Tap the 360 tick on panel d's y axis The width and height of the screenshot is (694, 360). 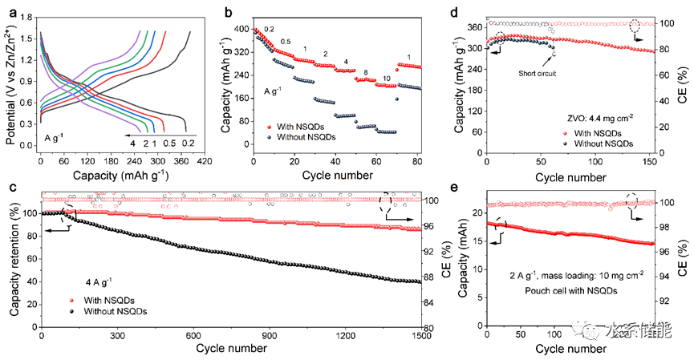pyautogui.click(x=473, y=27)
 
